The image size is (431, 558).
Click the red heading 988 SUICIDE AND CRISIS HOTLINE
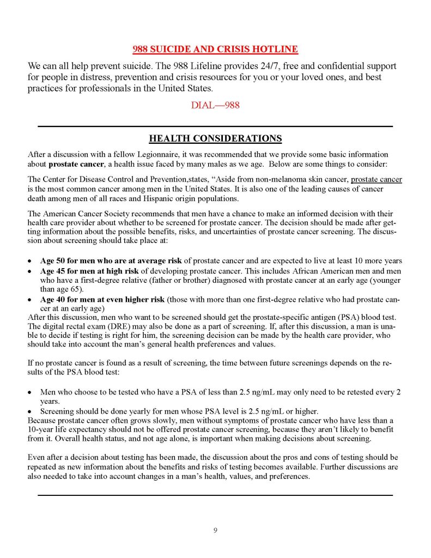point(215,50)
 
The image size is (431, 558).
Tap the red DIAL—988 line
point(215,105)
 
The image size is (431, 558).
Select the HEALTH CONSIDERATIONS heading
point(215,138)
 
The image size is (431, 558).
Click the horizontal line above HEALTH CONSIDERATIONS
point(215,126)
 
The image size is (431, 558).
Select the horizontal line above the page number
point(215,495)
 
